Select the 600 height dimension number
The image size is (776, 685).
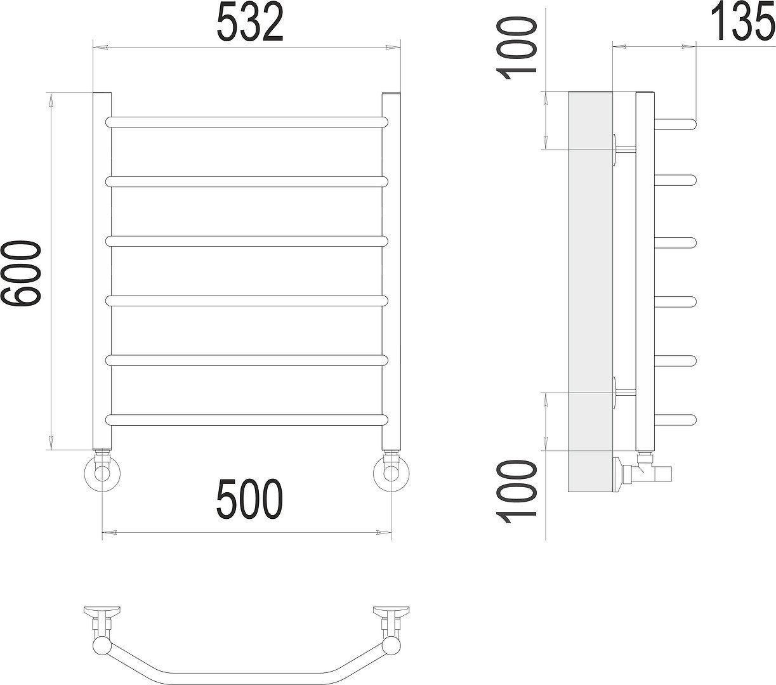21,273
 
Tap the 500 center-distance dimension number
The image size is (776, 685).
250,499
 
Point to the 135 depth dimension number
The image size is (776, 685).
742,22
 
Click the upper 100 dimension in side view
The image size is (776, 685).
515,48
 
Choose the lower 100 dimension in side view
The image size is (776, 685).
515,492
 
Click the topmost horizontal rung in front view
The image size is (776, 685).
247,122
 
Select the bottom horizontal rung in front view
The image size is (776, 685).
247,420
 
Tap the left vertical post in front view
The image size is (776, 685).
102,271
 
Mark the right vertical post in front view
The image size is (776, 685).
391,271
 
